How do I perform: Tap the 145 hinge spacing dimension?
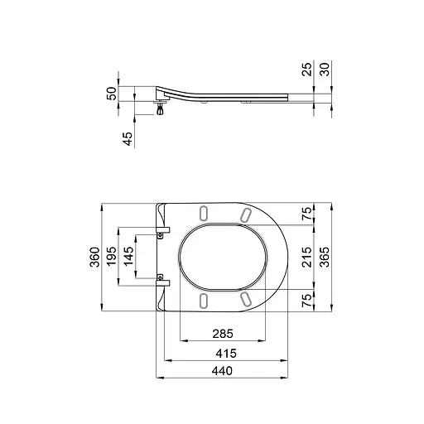pyautogui.click(x=128, y=258)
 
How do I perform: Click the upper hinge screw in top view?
pyautogui.click(x=161, y=235)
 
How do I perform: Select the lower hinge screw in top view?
pyautogui.click(x=161, y=278)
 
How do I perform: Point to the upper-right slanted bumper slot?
pyautogui.click(x=246, y=215)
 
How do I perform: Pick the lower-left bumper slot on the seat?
pyautogui.click(x=203, y=298)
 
